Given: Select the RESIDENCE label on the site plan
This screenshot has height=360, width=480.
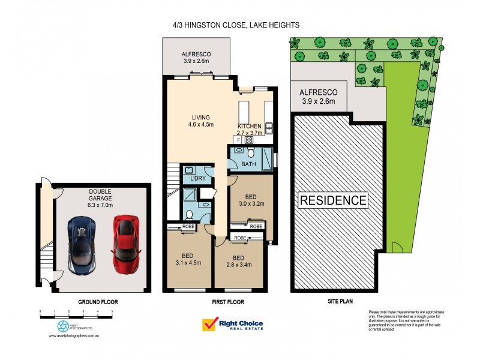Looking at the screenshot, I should [x=333, y=200].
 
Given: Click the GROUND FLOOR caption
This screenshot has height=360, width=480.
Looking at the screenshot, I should [x=98, y=302].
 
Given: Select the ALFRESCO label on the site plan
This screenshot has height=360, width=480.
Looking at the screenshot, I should [x=319, y=97].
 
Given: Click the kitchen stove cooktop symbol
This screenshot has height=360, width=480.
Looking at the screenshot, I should [x=248, y=139].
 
